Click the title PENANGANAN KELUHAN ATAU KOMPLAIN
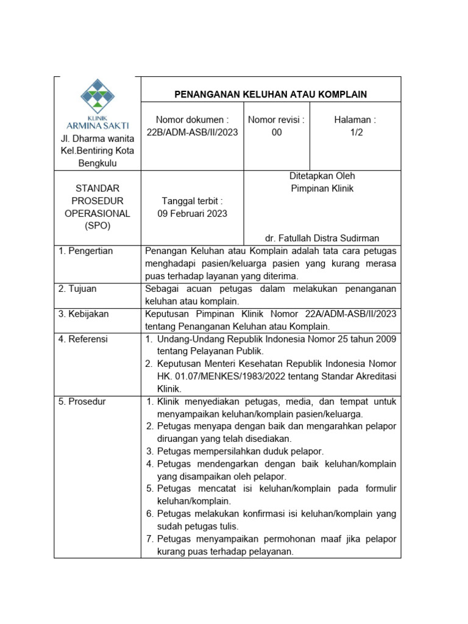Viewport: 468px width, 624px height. point(271,94)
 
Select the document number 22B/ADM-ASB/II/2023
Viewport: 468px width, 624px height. point(193,132)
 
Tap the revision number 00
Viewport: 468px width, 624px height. point(277,132)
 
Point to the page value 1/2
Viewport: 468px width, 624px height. point(356,132)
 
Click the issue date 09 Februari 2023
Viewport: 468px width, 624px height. point(193,213)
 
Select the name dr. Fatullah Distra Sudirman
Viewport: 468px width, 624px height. point(322,238)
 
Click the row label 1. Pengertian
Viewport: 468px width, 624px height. point(86,251)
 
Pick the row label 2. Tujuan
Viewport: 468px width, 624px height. point(77,288)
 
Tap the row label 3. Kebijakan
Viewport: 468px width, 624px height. point(83,314)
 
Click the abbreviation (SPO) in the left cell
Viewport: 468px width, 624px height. point(97,226)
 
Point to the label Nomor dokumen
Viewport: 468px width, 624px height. point(193,120)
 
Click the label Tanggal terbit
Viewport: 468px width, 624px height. point(193,201)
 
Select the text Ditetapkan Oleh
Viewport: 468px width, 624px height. point(322,176)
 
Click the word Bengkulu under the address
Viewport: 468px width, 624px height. point(97,163)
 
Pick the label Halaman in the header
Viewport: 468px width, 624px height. point(355,120)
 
